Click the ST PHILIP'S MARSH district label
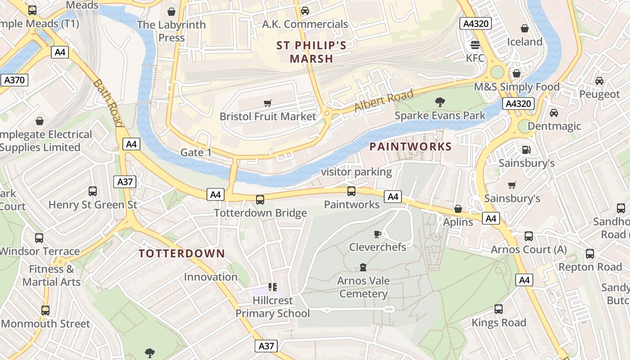311,52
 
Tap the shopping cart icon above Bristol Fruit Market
268,103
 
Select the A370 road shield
14,80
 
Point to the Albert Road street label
383,101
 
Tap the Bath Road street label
108,103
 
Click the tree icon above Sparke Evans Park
440,102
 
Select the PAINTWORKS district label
410,146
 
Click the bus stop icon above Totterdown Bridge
260,199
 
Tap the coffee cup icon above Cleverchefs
378,234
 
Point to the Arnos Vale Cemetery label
364,287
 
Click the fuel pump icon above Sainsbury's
526,150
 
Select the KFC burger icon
475,45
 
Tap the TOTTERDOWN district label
182,253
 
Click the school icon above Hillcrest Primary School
272,287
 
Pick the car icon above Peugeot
599,81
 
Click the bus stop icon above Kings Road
499,309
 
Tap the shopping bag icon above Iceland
525,29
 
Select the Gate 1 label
196,153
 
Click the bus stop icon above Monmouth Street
45,310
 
